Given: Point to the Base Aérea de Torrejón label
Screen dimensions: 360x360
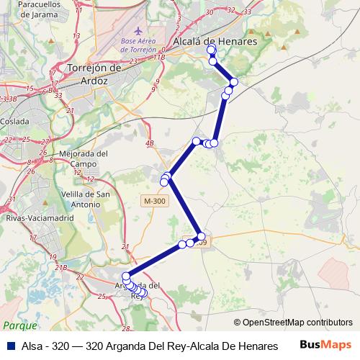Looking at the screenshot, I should click(x=138, y=45).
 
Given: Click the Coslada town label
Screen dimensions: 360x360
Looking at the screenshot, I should click(x=16, y=122).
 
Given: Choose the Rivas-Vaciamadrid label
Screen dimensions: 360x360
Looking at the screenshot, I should click(x=32, y=217).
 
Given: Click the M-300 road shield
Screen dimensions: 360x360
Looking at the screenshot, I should click(x=154, y=200).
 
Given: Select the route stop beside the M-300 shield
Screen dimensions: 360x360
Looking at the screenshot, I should click(x=164, y=182).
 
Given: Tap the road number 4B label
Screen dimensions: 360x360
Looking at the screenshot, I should click(x=150, y=143).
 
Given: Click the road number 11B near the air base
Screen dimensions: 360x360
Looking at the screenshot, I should click(x=159, y=56).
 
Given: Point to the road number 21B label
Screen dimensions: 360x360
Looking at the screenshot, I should click(x=60, y=268).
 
